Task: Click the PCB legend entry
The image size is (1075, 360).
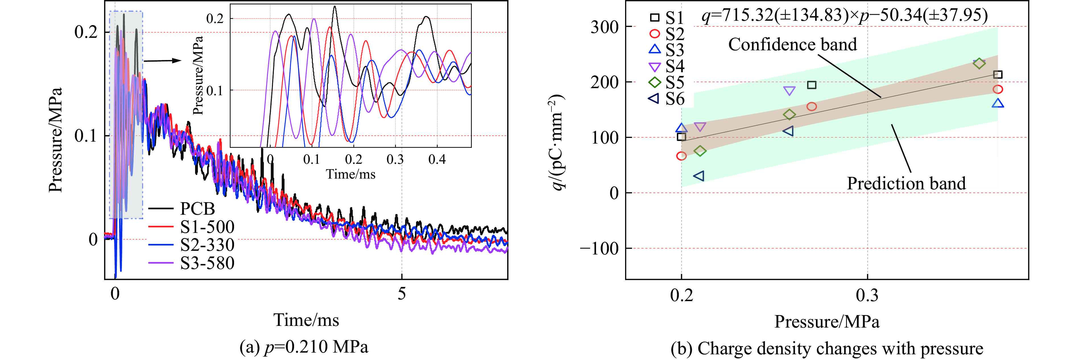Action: [197, 208]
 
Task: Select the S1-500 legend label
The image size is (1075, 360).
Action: [207, 227]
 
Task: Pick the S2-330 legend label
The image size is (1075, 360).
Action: [207, 245]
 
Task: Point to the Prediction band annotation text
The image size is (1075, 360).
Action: [906, 183]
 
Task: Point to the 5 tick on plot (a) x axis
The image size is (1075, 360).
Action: [402, 294]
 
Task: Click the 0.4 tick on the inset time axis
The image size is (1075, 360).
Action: [437, 159]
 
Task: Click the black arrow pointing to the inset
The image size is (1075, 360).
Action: [163, 61]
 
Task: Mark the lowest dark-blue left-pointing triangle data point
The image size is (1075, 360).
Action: [698, 176]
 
